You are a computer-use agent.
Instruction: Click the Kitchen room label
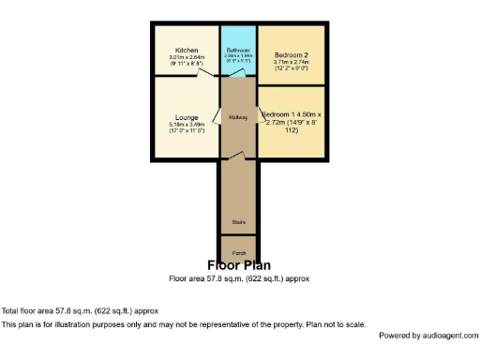point(187,50)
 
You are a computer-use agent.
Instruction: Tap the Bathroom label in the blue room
point(237,50)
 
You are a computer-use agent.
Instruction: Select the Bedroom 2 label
point(292,55)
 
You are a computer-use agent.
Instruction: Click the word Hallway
point(238,117)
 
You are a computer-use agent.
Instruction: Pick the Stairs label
point(239,222)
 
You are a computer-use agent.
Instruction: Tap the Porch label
point(239,253)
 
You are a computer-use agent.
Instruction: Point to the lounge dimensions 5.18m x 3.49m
point(187,125)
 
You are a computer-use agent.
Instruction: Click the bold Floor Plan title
point(239,265)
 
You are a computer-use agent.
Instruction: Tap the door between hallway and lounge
point(217,117)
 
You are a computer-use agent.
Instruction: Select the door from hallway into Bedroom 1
point(261,117)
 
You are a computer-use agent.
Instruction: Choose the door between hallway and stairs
point(239,155)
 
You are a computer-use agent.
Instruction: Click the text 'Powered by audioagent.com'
point(427,335)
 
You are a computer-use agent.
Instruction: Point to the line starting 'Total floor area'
point(80,310)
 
